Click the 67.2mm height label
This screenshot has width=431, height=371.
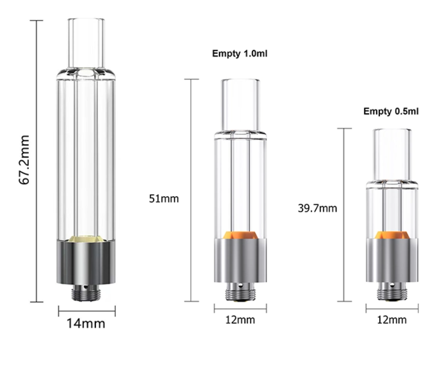coord(24,160)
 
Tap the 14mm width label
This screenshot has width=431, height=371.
coord(86,323)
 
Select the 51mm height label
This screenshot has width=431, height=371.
coord(164,198)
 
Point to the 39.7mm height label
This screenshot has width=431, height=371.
coord(317,208)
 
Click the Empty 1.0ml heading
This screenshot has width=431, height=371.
coord(240,54)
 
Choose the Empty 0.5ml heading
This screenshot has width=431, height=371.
coord(391,112)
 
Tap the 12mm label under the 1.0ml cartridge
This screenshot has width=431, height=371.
coord(240,320)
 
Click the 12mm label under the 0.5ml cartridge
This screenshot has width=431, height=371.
coord(391,320)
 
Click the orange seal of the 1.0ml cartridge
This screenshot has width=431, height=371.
coord(240,235)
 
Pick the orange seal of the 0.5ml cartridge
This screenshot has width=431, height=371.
coord(392,235)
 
